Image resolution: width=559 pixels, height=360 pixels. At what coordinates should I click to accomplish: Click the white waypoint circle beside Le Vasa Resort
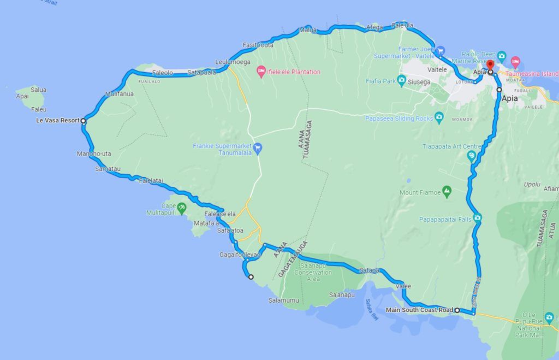coord(84,121)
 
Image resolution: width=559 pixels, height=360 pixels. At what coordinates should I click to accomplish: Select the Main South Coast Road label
coord(419,310)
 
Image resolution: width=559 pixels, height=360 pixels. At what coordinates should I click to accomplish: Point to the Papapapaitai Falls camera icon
coord(478,219)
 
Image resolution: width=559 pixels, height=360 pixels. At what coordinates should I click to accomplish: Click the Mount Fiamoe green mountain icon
coord(447,192)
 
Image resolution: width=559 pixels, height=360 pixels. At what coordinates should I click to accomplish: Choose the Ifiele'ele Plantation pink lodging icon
coord(261,72)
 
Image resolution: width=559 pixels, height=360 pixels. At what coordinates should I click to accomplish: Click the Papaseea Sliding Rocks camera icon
coord(438,117)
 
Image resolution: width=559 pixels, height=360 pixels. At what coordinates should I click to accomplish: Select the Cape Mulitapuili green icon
coord(182,208)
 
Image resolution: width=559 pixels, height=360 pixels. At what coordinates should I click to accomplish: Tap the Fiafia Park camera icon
coord(401,81)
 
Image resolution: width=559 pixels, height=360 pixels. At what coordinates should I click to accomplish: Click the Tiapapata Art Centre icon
coord(472,156)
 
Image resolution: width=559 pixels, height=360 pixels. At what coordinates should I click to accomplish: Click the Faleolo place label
coord(163,72)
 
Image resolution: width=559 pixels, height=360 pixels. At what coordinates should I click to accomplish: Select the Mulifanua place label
coord(120,94)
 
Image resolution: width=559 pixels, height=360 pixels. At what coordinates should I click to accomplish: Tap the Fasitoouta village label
coord(258,45)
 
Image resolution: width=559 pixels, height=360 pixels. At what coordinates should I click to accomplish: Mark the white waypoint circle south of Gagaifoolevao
coord(251,277)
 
